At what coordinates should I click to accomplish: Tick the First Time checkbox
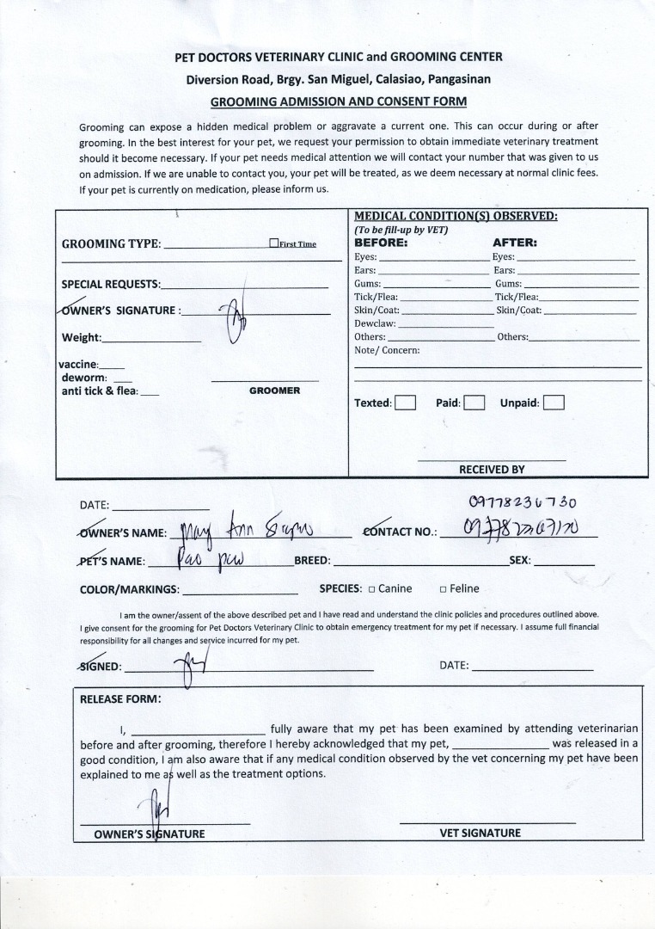click(273, 243)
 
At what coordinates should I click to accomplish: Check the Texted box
click(406, 403)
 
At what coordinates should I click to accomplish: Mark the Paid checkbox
click(474, 403)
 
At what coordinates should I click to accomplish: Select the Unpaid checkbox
click(554, 403)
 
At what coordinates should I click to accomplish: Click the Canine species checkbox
click(371, 589)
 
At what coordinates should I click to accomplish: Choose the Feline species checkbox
click(443, 589)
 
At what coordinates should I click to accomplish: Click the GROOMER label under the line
click(274, 391)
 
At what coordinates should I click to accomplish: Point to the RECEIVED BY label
click(492, 470)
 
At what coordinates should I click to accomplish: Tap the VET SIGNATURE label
click(480, 833)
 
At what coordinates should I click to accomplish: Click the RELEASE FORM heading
click(120, 698)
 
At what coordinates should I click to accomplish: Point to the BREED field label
click(312, 561)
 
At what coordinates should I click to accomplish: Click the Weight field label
click(82, 337)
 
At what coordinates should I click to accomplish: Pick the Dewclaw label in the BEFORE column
click(375, 323)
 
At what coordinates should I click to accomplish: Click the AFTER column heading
click(514, 243)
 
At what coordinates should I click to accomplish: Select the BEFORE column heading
click(381, 243)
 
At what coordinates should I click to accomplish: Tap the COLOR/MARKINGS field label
click(129, 589)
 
